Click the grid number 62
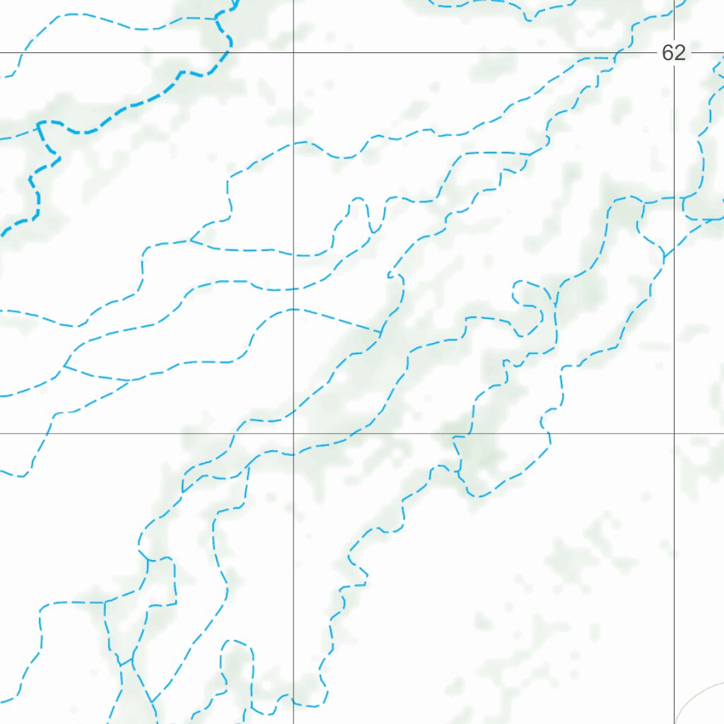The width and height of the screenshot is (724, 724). [674, 53]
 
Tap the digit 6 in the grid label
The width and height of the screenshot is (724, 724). [668, 53]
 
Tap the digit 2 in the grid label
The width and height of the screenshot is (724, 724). [679, 53]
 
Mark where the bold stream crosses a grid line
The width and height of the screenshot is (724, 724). [228, 52]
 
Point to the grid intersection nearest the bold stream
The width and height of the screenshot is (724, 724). [293, 52]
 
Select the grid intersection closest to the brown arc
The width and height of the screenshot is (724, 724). [674, 433]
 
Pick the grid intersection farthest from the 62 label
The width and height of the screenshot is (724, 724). [293, 433]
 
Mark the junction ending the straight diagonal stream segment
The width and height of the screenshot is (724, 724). [381, 331]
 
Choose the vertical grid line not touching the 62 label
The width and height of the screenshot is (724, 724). [293, 566]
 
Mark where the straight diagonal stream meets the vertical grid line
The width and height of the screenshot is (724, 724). [293, 309]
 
